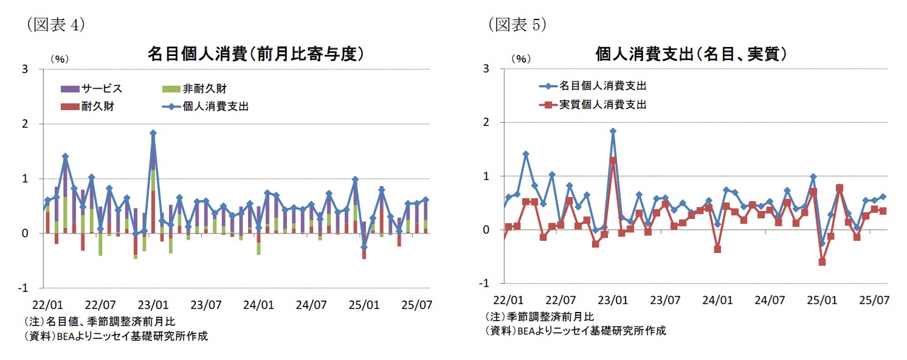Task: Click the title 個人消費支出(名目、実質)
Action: pyautogui.click(x=692, y=54)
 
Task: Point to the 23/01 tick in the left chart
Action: pyautogui.click(x=153, y=303)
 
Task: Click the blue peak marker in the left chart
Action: pyautogui.click(x=153, y=133)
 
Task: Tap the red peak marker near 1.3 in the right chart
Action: pyautogui.click(x=613, y=161)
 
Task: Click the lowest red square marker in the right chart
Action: pyautogui.click(x=822, y=262)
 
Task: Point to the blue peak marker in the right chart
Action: pyautogui.click(x=613, y=131)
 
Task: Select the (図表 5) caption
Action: pyautogui.click(x=517, y=24)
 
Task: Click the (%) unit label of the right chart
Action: pyautogui.click(x=520, y=59)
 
